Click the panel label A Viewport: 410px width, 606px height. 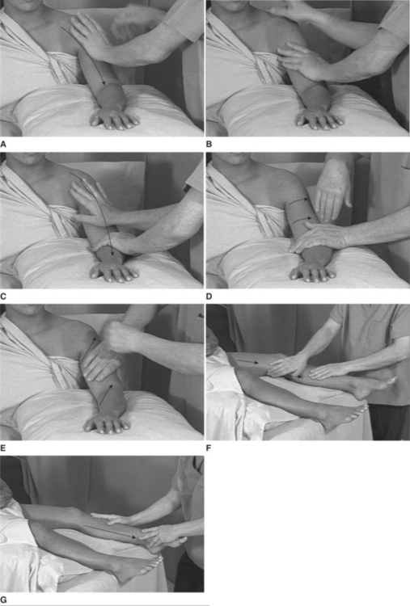tap(3, 145)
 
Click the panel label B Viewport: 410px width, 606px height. tap(209, 145)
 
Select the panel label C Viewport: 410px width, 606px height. tap(3, 297)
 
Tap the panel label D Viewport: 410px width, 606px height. tap(209, 297)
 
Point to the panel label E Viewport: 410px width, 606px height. tap(3, 448)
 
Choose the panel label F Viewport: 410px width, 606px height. tap(209, 448)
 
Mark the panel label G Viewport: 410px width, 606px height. tap(3, 600)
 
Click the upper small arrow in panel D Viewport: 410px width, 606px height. tap(298, 200)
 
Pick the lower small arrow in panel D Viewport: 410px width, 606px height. tap(302, 221)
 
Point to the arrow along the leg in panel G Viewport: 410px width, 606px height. tap(110, 532)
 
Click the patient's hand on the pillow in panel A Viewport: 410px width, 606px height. tap(114, 118)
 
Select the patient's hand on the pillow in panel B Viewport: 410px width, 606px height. tap(319, 118)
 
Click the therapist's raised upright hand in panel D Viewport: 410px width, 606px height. tap(332, 189)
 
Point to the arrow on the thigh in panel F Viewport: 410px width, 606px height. tap(247, 362)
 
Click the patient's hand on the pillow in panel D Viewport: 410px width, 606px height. tap(312, 270)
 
